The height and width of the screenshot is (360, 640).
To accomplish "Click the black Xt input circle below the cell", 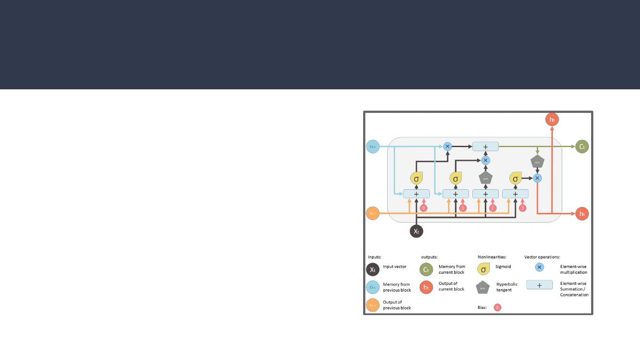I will click(x=416, y=231).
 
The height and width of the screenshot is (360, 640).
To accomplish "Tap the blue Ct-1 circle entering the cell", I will click(x=373, y=146).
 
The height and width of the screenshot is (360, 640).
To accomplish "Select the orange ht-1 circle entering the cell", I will click(x=373, y=213).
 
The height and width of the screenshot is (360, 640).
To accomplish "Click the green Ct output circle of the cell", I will click(x=582, y=146).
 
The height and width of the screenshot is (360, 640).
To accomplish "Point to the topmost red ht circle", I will click(x=552, y=120).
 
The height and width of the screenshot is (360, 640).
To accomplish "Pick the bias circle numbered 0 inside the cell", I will click(x=424, y=208).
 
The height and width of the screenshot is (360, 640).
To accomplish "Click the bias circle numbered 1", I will click(x=463, y=208).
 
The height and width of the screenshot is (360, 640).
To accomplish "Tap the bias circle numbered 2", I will click(x=492, y=208).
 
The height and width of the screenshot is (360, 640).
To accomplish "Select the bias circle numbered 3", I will click(x=523, y=208).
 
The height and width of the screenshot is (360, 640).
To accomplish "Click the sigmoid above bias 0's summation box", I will click(x=416, y=179).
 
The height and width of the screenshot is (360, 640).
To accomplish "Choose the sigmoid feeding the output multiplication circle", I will click(x=516, y=179).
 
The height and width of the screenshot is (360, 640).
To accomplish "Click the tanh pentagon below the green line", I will click(x=537, y=162).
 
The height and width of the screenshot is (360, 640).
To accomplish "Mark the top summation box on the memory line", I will click(x=485, y=146).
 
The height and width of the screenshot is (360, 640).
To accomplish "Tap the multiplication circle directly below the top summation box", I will click(x=485, y=160).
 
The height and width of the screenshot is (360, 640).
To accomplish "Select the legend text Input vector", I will click(x=395, y=267).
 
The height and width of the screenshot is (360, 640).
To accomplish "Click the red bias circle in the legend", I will click(x=498, y=307).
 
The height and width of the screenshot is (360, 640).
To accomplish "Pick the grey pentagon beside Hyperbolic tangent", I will click(x=483, y=288).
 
